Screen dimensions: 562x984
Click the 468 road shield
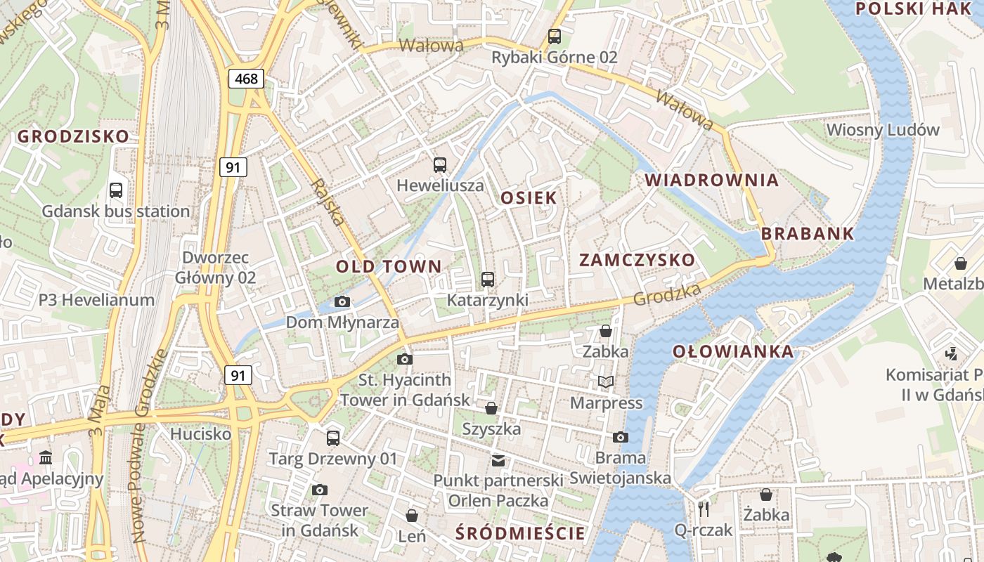[x=246, y=79]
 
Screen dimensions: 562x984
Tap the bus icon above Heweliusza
[x=440, y=165]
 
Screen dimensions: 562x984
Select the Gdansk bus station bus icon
[x=116, y=190]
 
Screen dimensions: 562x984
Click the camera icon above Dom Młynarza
[x=342, y=302]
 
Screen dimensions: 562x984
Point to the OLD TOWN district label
[x=389, y=267]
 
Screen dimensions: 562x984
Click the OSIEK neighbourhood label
[x=529, y=198]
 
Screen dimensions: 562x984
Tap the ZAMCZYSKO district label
[x=637, y=260]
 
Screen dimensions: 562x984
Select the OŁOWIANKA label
[x=732, y=351]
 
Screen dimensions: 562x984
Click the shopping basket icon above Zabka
[x=605, y=330]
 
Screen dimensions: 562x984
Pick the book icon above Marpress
[x=605, y=382]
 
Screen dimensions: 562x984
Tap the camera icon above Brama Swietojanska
[x=620, y=437]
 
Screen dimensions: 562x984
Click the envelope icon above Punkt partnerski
[x=498, y=461]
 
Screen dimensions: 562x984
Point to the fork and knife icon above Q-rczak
[x=703, y=509]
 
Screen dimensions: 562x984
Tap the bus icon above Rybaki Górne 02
[x=555, y=37]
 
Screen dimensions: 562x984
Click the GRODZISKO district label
[x=74, y=136]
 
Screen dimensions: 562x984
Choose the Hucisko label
[x=201, y=434]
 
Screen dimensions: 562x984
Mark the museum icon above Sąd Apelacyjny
[x=46, y=458]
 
